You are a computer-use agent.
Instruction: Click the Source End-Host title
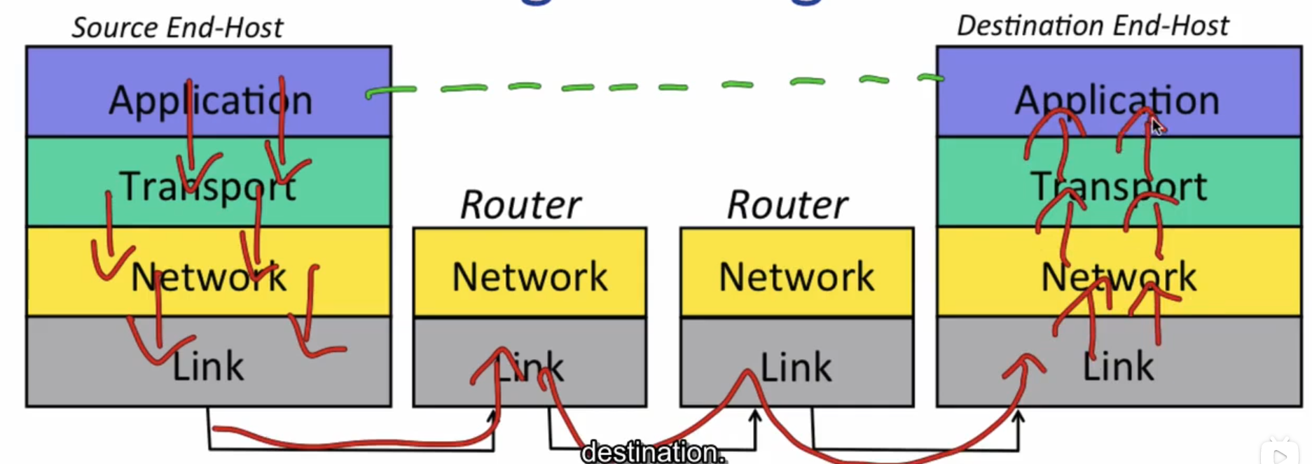pos(177,28)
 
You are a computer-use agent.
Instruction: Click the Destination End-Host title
pos(1092,26)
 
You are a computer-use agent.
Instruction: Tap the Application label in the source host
pos(210,100)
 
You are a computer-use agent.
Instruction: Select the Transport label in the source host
pos(207,187)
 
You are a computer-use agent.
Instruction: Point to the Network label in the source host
pos(209,277)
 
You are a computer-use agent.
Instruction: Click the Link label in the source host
pos(208,367)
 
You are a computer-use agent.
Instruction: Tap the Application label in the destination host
pos(1117,100)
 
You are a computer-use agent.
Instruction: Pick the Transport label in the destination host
pos(1119,187)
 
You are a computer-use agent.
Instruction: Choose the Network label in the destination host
pos(1119,277)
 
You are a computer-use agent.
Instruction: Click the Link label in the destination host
pos(1118,367)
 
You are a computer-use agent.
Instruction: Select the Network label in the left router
pos(530,276)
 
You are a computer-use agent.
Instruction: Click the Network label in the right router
pos(796,276)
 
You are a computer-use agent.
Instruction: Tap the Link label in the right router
pos(796,367)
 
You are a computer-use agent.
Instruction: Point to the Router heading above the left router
pos(520,205)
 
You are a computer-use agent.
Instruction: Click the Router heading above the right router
pos(787,205)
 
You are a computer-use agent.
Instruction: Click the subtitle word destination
pos(652,452)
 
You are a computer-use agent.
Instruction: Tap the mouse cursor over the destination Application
pos(1156,127)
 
